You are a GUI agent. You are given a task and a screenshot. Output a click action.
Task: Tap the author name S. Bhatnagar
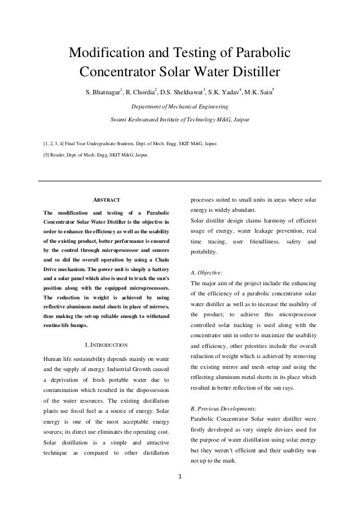(x=103, y=92)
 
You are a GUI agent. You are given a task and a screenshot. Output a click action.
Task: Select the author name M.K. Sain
(x=257, y=92)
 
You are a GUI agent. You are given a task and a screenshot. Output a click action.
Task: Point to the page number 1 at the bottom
(x=179, y=481)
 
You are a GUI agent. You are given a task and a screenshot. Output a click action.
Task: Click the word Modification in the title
(x=106, y=54)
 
